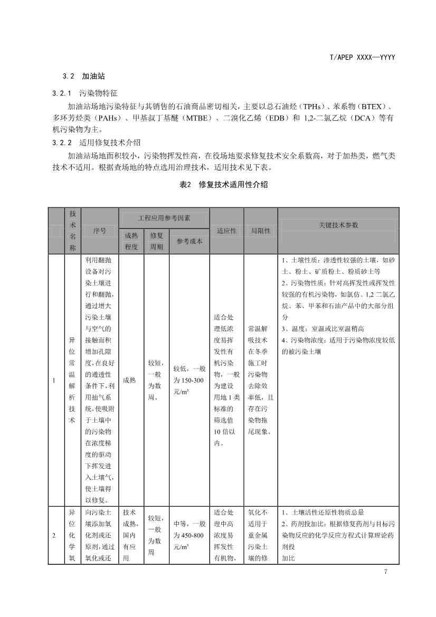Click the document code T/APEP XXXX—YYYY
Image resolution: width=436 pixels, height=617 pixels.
pyautogui.click(x=364, y=57)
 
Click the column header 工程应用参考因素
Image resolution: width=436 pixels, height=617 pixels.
pyautogui.click(x=164, y=217)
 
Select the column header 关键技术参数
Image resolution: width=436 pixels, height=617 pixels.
pyautogui.click(x=338, y=225)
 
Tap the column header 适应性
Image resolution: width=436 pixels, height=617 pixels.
pyautogui.click(x=226, y=231)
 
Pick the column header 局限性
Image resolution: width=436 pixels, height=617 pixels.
pyautogui.click(x=260, y=231)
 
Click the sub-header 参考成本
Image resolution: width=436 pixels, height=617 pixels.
pyautogui.click(x=189, y=241)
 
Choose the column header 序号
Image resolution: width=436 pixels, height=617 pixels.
pyautogui.click(x=99, y=231)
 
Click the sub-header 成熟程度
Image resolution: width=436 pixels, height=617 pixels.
pyautogui.click(x=131, y=241)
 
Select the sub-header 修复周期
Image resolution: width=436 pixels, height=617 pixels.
pyautogui.click(x=156, y=241)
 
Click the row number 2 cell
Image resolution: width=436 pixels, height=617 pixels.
pyautogui.click(x=55, y=536)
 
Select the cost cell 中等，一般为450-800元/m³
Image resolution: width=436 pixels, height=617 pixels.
pyautogui.click(x=189, y=536)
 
